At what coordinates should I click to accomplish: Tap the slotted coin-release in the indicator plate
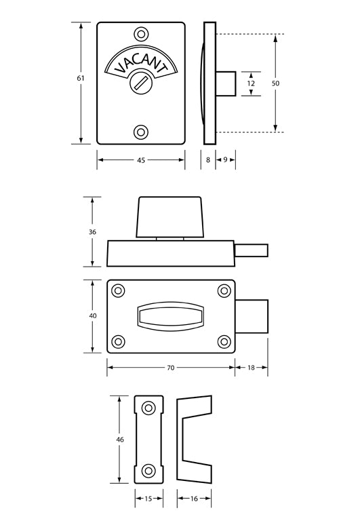(141, 83)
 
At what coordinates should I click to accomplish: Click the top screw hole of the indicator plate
(141, 34)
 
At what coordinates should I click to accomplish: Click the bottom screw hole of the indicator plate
(141, 132)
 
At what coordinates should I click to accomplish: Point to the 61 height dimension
(81, 79)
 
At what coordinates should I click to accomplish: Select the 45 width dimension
(140, 160)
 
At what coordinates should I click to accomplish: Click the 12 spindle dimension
(251, 83)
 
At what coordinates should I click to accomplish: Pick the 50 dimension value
(275, 83)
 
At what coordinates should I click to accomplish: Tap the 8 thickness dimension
(208, 160)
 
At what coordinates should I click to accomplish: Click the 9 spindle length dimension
(225, 160)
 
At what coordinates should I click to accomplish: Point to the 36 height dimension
(92, 232)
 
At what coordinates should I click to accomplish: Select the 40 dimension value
(92, 316)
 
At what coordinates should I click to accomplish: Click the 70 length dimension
(170, 368)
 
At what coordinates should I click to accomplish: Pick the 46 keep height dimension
(120, 440)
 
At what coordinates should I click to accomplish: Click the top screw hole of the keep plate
(148, 407)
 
